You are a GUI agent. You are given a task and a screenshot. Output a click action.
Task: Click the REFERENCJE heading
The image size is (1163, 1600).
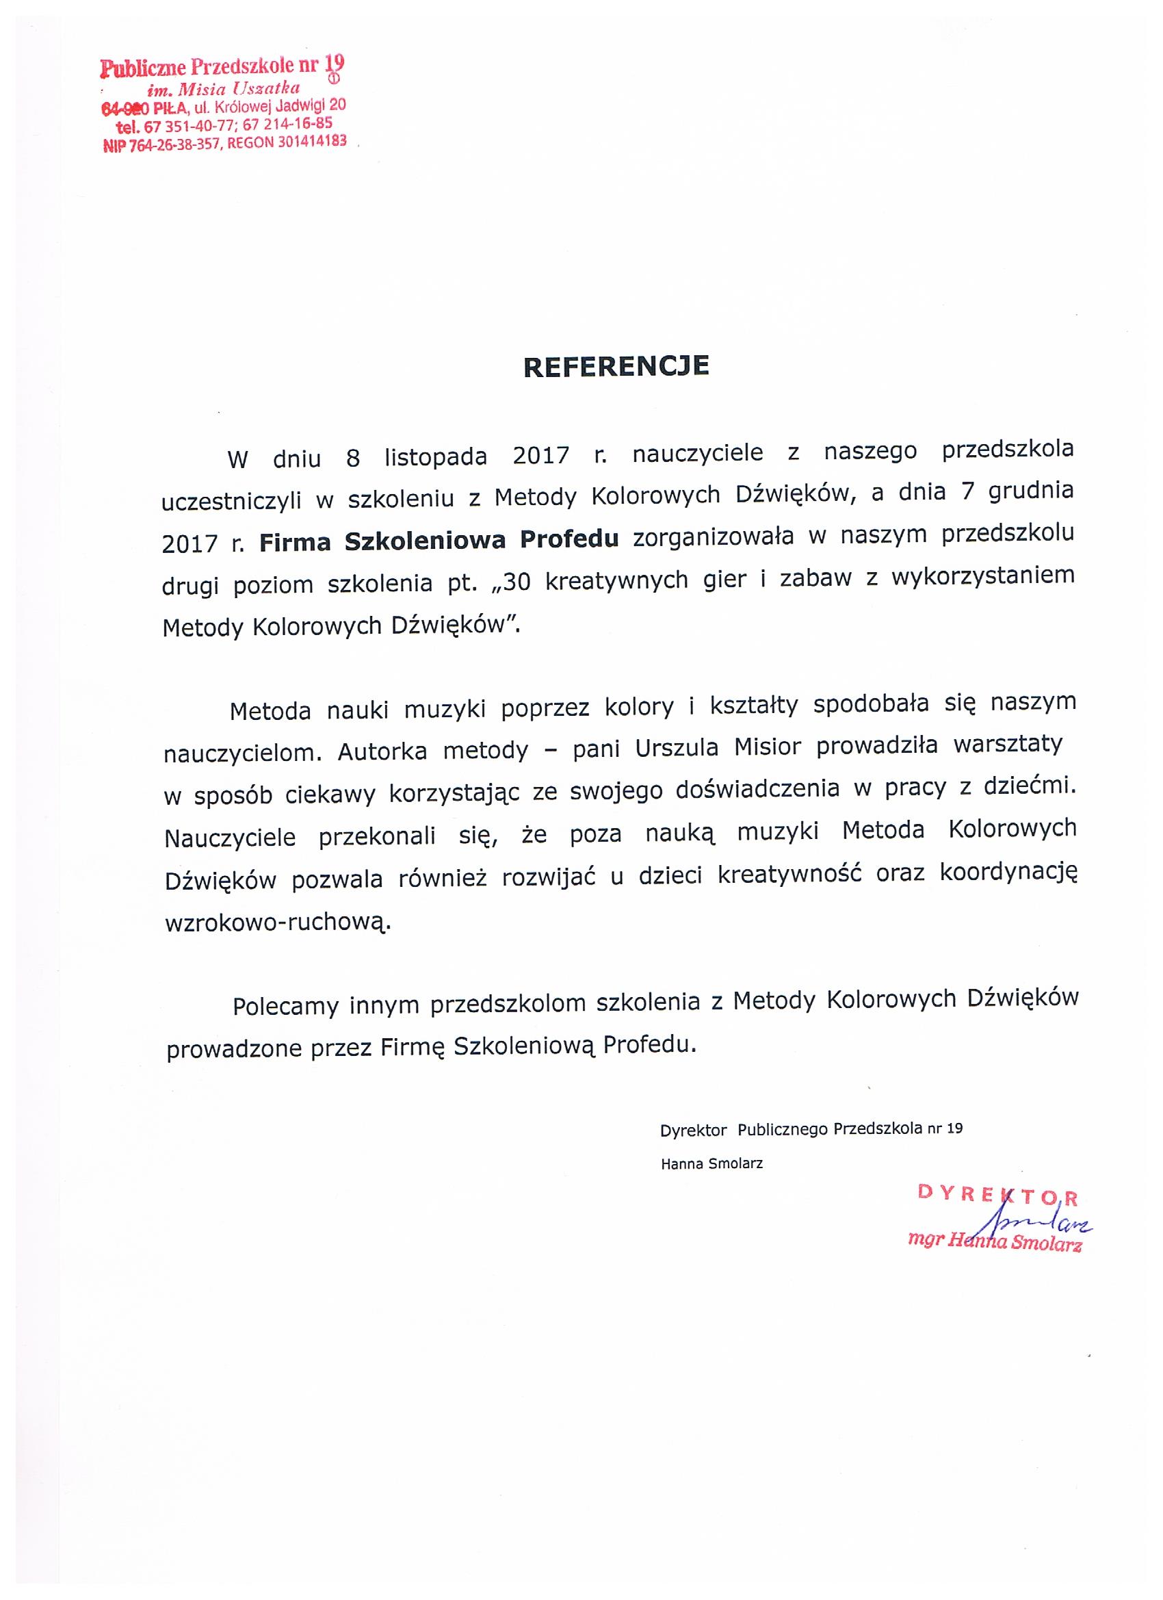pos(616,367)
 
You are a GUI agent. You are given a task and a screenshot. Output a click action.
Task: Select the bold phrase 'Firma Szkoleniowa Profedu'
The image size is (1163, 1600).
pos(439,540)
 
